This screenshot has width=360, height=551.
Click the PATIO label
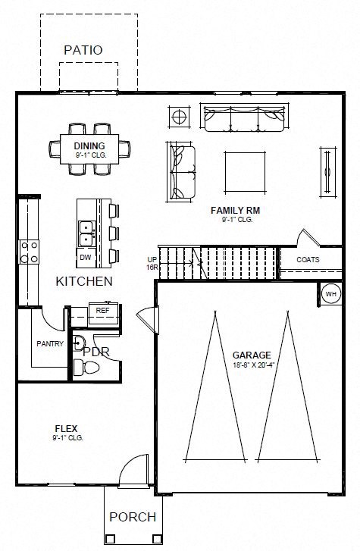(83, 49)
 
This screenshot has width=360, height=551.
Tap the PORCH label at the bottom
(133, 517)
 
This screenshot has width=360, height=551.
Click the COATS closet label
(308, 259)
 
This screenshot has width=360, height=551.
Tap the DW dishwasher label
(86, 257)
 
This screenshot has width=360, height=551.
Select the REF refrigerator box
(102, 310)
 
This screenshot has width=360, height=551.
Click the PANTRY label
(50, 343)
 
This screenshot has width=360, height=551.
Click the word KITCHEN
(84, 281)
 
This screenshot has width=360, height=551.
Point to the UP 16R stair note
(152, 263)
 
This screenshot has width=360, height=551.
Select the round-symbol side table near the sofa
(180, 117)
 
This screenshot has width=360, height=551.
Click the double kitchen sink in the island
(85, 232)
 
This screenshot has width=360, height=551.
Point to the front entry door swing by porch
(134, 468)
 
